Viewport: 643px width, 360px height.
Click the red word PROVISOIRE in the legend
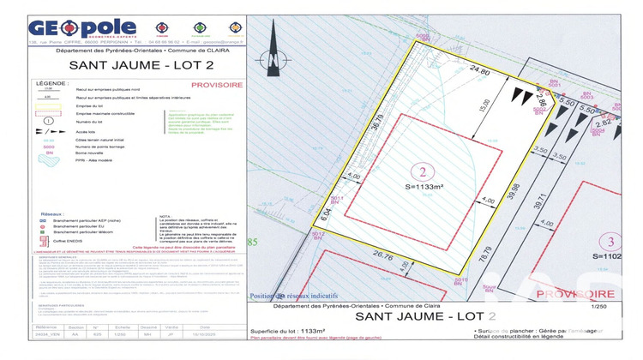click(x=216, y=84)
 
